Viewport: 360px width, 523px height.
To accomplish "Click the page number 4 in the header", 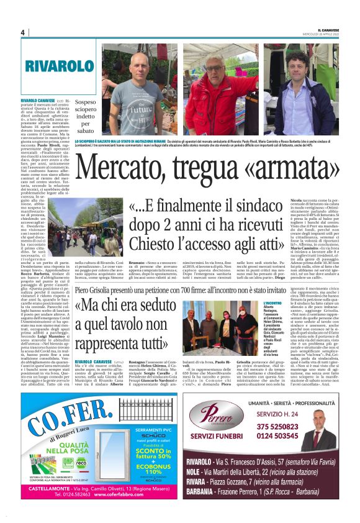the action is tap(22, 32).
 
